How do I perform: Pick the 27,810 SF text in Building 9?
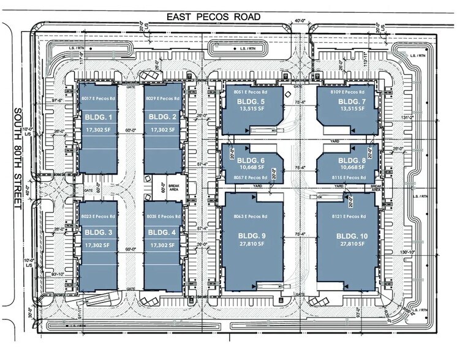click(255, 244)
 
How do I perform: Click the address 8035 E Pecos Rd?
click(162, 217)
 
